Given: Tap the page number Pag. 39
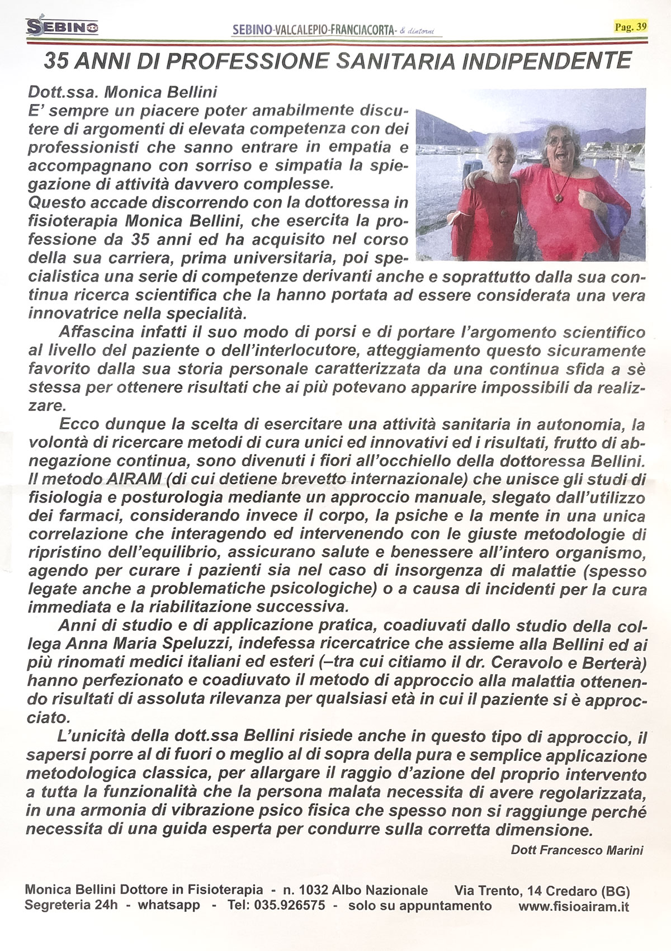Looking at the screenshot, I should (x=630, y=26).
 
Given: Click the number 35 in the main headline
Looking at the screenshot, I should (x=58, y=60).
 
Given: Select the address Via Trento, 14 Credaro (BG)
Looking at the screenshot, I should (x=542, y=890).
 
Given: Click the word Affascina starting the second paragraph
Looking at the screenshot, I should (x=96, y=333).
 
